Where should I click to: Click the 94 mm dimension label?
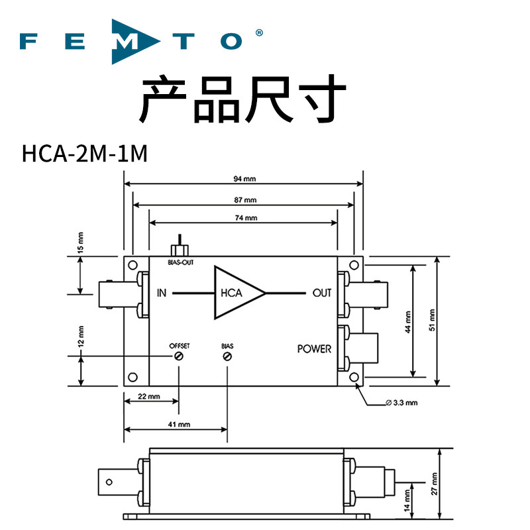click(x=244, y=178)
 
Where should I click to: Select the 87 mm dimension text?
click(x=245, y=200)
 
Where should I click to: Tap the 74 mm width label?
click(x=246, y=218)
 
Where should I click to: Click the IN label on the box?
click(x=162, y=293)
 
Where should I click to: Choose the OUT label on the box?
click(x=322, y=293)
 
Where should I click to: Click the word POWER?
click(x=314, y=349)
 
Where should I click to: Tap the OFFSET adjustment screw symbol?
click(x=178, y=356)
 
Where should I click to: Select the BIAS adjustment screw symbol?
click(x=227, y=356)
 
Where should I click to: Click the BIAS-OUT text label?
click(x=180, y=262)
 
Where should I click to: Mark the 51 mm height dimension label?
click(x=433, y=320)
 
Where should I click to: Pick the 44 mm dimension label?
click(x=408, y=322)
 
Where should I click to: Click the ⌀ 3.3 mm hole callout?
click(x=401, y=403)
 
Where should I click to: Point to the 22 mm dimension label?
click(x=148, y=396)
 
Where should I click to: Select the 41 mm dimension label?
click(x=179, y=424)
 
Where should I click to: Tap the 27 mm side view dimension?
click(x=435, y=484)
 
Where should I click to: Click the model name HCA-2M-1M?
click(x=85, y=154)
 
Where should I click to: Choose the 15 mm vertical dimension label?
click(x=80, y=242)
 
